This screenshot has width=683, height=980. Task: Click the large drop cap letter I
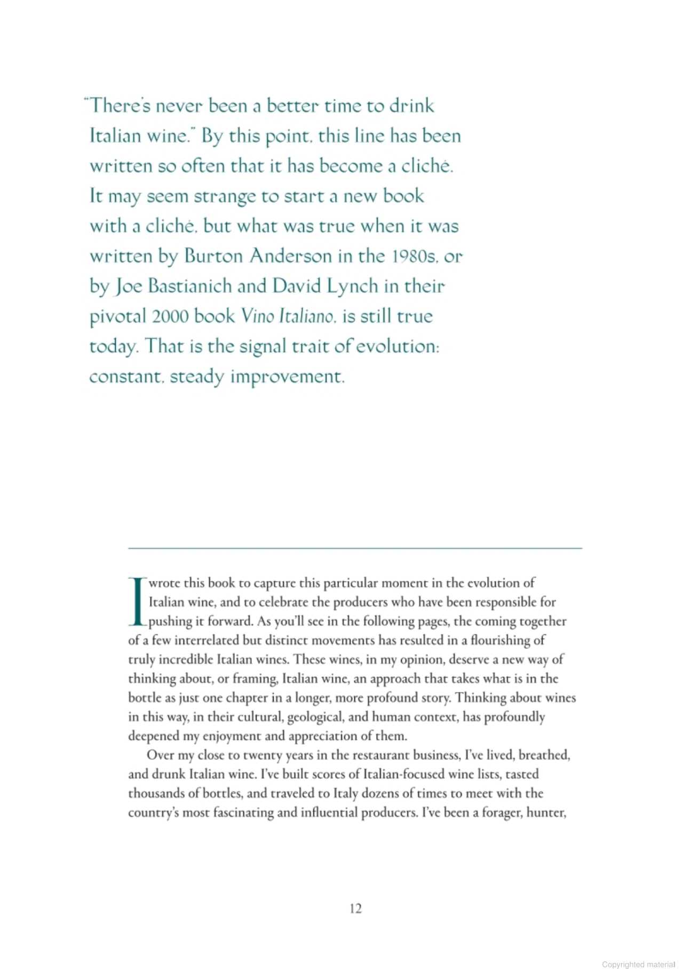[x=137, y=601]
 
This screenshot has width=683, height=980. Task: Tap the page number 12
[x=356, y=909]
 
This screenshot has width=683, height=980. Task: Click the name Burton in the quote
[x=213, y=257]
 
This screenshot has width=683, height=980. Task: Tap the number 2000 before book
[x=170, y=316]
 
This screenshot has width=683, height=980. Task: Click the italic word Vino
[x=257, y=316]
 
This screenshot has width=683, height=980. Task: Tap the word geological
[x=315, y=716]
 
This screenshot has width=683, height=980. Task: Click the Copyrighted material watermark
[x=638, y=965]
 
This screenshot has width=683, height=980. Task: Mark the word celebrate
[x=283, y=602]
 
